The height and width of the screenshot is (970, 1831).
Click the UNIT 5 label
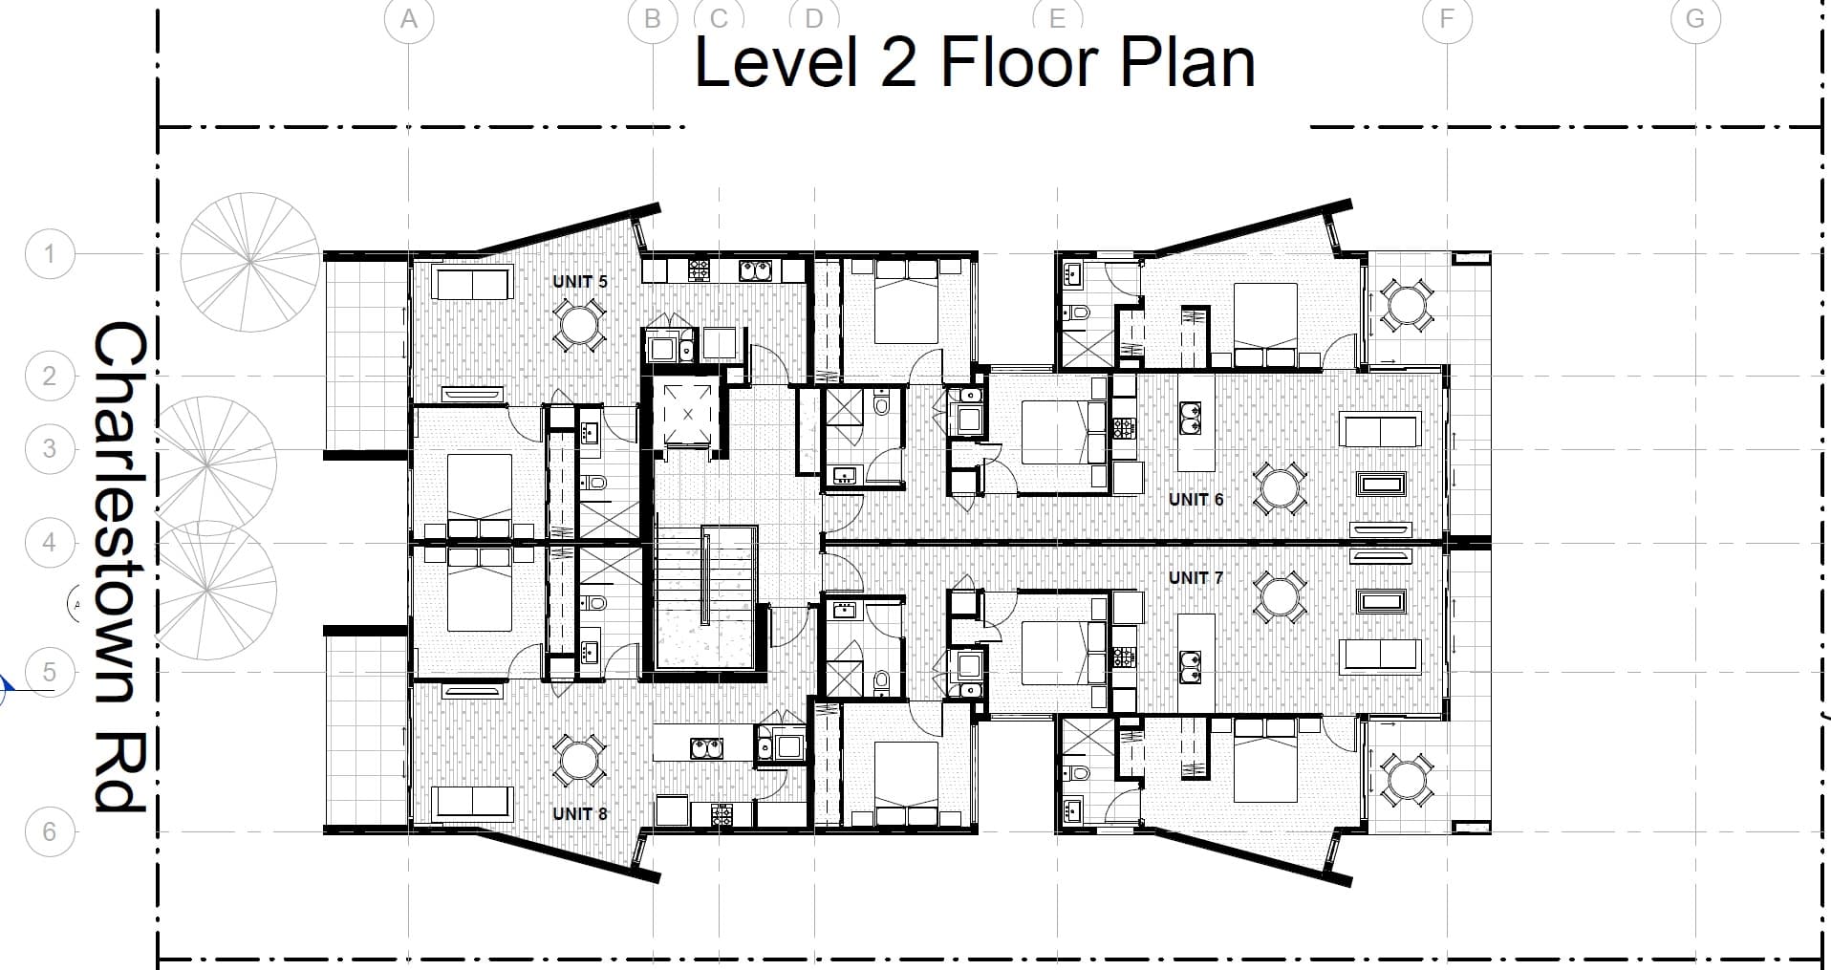[x=579, y=282]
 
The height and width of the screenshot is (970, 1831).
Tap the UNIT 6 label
[x=1196, y=500]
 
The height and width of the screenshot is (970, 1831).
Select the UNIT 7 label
[x=1196, y=578]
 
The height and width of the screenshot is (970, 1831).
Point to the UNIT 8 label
[x=579, y=814]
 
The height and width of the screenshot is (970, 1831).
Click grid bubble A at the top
[x=409, y=19]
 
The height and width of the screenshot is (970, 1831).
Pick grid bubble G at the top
[x=1695, y=19]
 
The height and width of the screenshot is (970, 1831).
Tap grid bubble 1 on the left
[x=50, y=254]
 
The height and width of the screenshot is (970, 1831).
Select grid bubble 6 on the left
[x=50, y=831]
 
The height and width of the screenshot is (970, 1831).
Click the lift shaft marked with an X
[x=687, y=414]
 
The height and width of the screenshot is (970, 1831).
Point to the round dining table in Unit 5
[x=578, y=325]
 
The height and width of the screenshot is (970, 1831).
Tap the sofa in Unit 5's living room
[x=472, y=284]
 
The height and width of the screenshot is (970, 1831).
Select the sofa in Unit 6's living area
[x=1379, y=430]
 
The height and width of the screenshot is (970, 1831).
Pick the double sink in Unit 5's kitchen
[x=755, y=270]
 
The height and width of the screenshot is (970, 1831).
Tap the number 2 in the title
[x=898, y=63]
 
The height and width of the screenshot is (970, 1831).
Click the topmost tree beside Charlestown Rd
[x=250, y=261]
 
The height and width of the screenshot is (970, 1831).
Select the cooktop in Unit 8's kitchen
[x=722, y=815]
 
